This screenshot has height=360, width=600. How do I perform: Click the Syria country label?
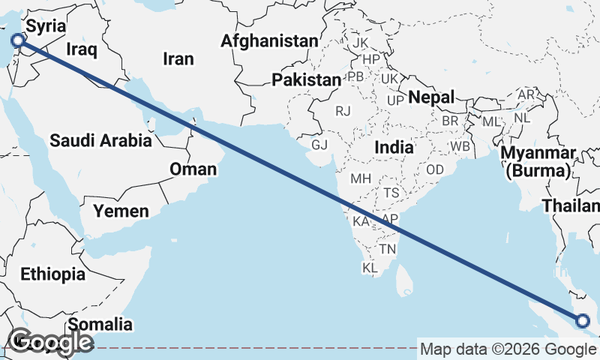click(46, 26)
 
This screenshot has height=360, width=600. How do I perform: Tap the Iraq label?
click(82, 49)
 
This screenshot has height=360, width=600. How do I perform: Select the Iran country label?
click(178, 58)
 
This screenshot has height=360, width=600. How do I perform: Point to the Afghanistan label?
click(270, 41)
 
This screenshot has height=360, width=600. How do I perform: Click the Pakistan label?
click(306, 80)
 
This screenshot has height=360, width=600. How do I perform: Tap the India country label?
click(394, 148)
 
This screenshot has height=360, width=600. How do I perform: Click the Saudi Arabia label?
click(101, 140)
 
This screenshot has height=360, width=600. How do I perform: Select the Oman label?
click(193, 169)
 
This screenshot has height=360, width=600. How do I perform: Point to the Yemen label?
click(121, 211)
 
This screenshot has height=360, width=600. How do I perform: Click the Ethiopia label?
click(52, 274)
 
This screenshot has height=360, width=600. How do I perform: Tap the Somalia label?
click(100, 325)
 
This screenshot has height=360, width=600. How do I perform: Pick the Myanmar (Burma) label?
click(539, 162)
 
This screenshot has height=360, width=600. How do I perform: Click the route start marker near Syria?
click(19, 40)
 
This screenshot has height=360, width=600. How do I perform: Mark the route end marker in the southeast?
click(583, 322)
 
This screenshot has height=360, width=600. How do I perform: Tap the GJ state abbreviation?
click(319, 144)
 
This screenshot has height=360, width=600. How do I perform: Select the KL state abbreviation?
click(370, 268)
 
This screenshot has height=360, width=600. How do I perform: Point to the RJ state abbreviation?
click(343, 111)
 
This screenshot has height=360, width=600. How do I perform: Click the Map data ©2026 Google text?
click(508, 349)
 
